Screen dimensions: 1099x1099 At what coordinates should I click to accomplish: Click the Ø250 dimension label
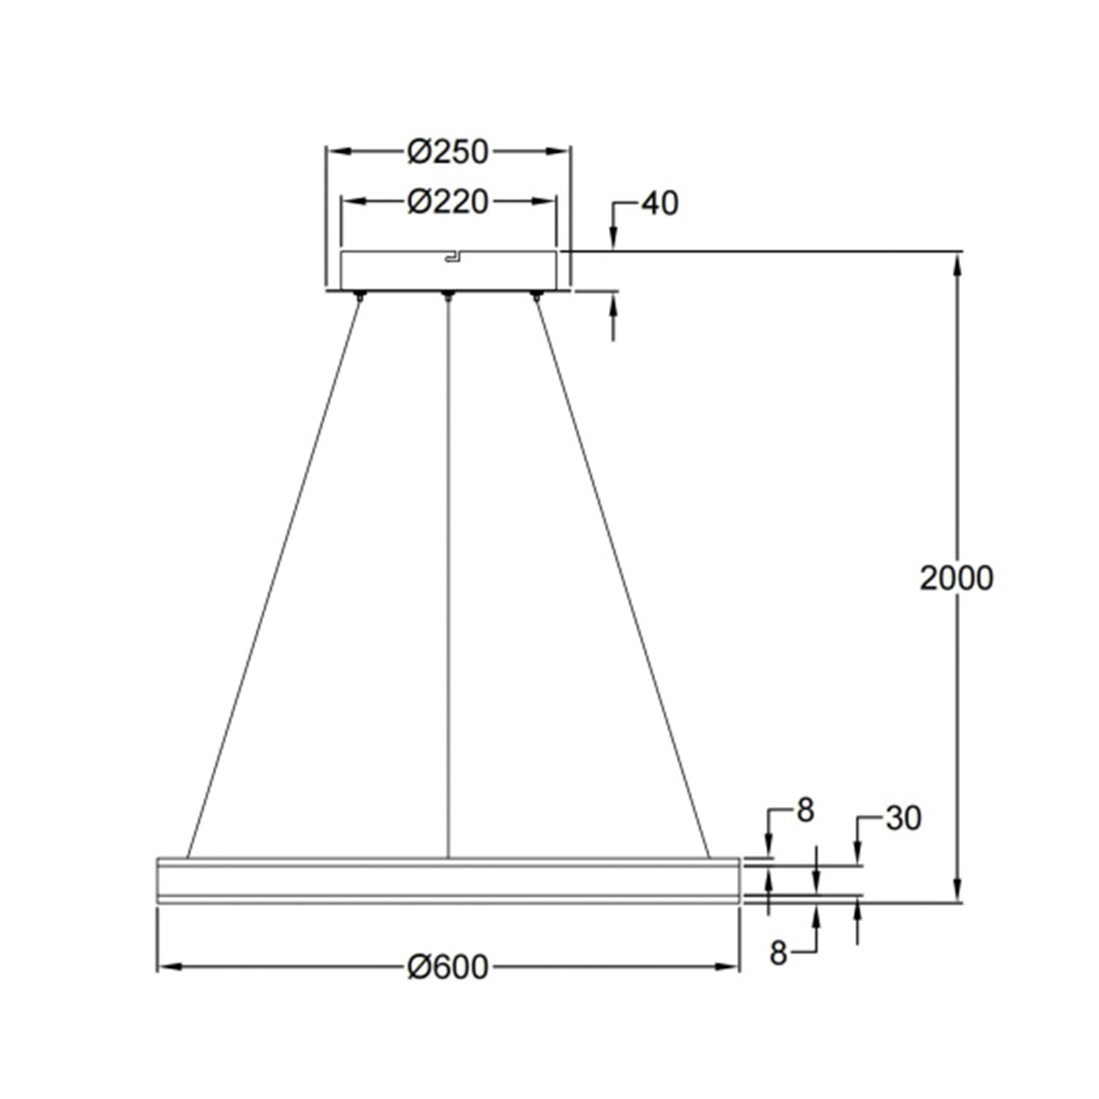449,152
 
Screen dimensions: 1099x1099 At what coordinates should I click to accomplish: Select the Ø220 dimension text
449,201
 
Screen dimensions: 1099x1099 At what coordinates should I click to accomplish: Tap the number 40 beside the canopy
659,203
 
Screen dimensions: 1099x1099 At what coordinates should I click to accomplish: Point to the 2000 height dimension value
956,578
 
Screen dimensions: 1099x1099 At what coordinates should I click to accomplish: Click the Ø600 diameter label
449,966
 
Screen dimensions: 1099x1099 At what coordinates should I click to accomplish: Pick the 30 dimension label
903,819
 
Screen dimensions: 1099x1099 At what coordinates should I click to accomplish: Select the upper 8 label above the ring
805,811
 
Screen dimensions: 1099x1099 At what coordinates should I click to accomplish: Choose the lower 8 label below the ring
778,953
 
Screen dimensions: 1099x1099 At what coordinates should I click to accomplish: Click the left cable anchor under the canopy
360,296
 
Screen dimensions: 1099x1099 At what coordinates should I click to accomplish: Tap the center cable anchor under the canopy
448,296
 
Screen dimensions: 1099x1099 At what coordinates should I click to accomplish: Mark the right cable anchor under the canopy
537,296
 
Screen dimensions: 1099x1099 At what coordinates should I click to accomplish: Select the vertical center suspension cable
448,577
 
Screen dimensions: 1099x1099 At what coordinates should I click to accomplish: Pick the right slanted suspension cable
623,577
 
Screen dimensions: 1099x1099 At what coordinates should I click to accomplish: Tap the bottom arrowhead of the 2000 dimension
958,891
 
